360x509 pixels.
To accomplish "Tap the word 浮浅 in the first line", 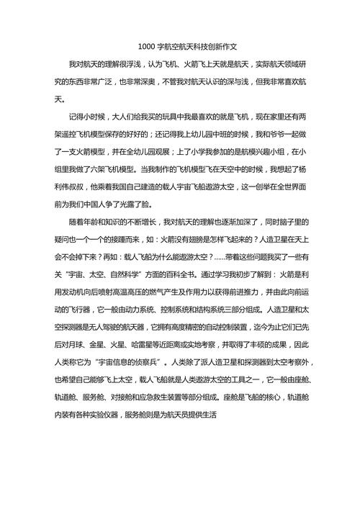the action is tap(158, 66).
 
